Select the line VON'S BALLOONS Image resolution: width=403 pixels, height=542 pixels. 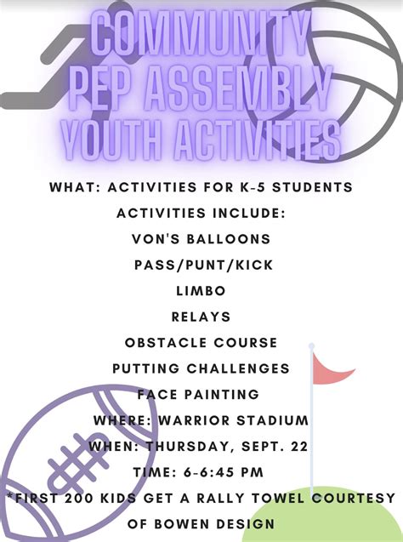(201, 238)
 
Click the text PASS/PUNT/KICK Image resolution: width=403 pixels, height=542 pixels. (202, 265)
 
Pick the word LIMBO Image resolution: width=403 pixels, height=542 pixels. (201, 290)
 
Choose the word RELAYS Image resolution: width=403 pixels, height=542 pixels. (201, 317)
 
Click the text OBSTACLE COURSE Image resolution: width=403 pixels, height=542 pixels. (201, 342)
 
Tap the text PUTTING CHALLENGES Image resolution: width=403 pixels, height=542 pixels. (201, 368)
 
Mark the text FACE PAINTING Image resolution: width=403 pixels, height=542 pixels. (198, 394)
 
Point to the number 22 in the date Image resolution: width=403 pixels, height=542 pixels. (298, 447)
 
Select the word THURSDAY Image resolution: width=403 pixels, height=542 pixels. (198, 447)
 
